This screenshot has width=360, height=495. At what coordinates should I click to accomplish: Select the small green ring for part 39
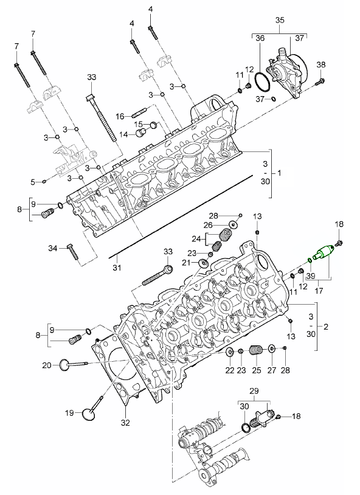click(310, 261)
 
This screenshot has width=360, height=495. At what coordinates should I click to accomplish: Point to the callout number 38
click(320, 64)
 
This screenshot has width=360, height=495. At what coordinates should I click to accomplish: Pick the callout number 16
click(120, 116)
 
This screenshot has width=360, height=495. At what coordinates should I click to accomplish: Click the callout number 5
click(33, 181)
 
